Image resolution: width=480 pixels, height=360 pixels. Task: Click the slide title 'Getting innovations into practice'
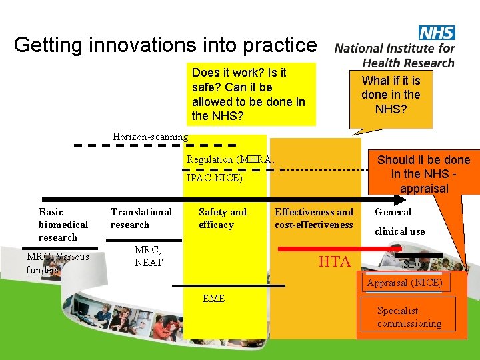tap(165, 45)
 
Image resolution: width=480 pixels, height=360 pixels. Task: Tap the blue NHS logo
tap(436, 33)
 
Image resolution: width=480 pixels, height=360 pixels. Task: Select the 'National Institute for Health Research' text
tap(395, 55)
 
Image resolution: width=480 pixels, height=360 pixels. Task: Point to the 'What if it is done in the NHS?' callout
tap(391, 94)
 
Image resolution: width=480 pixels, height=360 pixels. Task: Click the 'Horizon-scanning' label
tap(150, 137)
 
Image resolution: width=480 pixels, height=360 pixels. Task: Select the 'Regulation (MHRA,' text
tap(230, 159)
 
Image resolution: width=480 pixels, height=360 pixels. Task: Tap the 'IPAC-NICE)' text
tap(214, 179)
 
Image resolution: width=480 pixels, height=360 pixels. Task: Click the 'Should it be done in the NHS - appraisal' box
tap(423, 174)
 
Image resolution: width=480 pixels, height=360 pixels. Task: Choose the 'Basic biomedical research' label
tap(63, 225)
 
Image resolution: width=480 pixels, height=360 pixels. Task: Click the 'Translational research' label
tap(141, 218)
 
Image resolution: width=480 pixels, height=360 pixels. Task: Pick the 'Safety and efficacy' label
tap(222, 218)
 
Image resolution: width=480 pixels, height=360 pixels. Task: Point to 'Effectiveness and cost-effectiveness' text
tap(313, 218)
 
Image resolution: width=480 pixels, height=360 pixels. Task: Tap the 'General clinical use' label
tap(399, 221)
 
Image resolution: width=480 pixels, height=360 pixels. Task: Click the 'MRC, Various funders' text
tap(57, 263)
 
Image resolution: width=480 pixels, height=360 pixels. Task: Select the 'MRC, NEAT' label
tap(148, 256)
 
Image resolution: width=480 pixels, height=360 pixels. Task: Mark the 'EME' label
tap(213, 299)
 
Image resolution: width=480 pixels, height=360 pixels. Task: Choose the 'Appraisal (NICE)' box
tap(404, 283)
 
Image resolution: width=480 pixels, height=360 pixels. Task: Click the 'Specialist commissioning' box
tap(409, 317)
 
